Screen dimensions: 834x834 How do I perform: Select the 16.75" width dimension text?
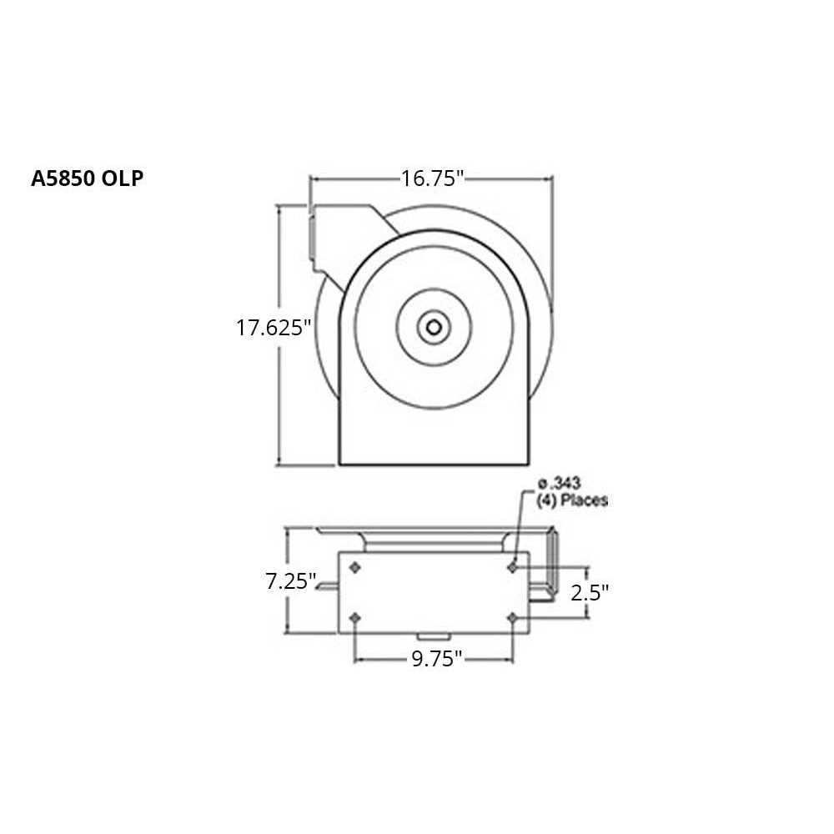click(x=431, y=178)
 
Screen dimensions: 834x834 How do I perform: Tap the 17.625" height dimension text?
click(x=273, y=328)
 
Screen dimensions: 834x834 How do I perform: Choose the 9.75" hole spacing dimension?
click(x=436, y=659)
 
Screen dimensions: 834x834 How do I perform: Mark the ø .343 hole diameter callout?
click(x=560, y=483)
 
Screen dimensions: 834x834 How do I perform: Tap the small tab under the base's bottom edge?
click(x=434, y=639)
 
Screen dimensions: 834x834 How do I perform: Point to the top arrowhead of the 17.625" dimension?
click(x=279, y=208)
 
